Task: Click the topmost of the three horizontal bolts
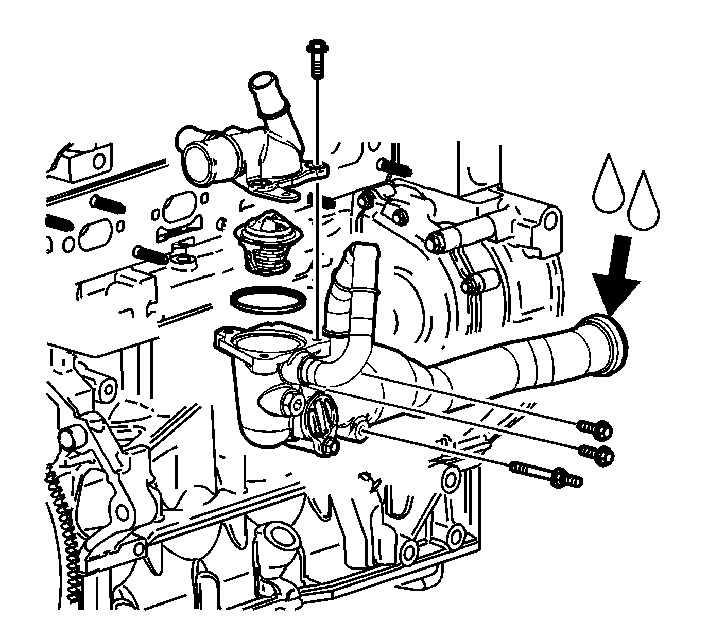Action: pos(596,427)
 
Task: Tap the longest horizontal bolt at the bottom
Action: pos(547,474)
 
